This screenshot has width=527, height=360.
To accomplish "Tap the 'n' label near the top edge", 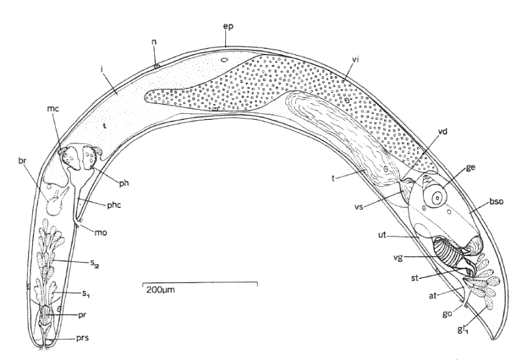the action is coord(154,43).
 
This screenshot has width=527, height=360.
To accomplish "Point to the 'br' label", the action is coord(22,160).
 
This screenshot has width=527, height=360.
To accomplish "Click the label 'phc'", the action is coord(113,205).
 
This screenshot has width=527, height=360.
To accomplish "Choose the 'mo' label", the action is coord(101,232).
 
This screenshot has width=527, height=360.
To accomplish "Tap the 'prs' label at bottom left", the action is coord(82,338).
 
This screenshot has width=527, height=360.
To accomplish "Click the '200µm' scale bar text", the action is coord(160,290).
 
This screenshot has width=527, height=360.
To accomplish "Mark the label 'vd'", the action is coord(443,132).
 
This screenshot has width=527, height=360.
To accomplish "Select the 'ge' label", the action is coord(470,168).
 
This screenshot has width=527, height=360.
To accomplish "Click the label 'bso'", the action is coord(497,202).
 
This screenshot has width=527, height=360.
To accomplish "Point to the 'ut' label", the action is coord(382,235).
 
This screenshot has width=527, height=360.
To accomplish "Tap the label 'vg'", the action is coord(398,258).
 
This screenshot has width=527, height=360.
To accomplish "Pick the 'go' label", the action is coord(447,315).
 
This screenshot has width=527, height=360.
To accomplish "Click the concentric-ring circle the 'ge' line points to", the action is coord(435,196).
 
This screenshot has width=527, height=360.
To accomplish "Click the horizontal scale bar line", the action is coord(201,283).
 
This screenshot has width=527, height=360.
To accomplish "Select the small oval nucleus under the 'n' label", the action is coord(157,66).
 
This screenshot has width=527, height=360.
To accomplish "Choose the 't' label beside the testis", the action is coord(333,178).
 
